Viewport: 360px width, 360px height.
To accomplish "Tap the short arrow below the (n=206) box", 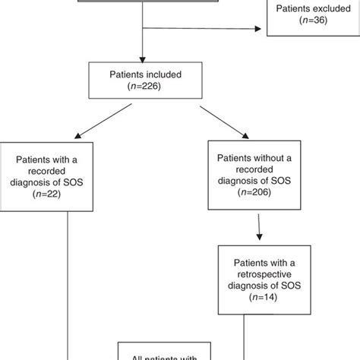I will [x=259, y=227].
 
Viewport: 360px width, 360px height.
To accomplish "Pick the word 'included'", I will [x=162, y=77].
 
